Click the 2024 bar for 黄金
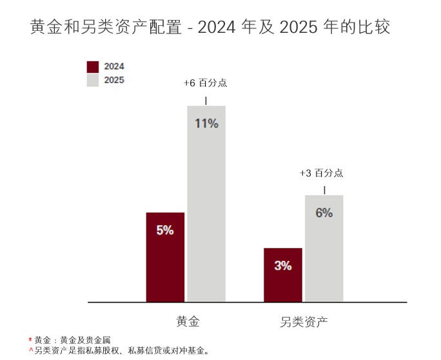point(165,258)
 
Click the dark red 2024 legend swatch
point(93,66)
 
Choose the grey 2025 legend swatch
point(93,81)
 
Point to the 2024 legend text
point(114,66)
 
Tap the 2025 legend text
point(114,81)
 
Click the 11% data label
point(206,124)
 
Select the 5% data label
point(165,230)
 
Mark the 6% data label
point(324,213)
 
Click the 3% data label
point(282,265)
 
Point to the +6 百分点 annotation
point(205,84)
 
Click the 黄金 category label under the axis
point(188,321)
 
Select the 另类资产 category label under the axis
point(304,321)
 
